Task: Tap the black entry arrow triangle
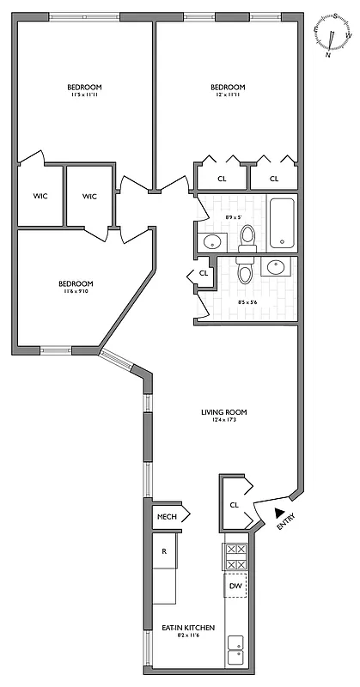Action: coord(278,513)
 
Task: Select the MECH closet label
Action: coord(167,517)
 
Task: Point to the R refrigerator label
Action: coord(164,550)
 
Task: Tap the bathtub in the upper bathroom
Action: coord(282,222)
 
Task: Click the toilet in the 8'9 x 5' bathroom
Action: coord(247,235)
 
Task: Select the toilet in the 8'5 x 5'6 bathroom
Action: coord(244,272)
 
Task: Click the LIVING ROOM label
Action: coord(224,411)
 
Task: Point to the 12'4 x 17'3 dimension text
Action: coord(224,420)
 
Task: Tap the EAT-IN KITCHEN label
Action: coord(183,628)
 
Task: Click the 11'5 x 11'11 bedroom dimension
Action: coord(85,94)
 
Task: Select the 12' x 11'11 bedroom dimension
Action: coord(228,94)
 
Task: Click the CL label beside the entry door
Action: coord(234,504)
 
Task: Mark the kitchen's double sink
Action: coord(235,650)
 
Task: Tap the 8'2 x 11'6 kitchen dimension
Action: coord(183,636)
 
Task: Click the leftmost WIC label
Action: coord(40,197)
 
